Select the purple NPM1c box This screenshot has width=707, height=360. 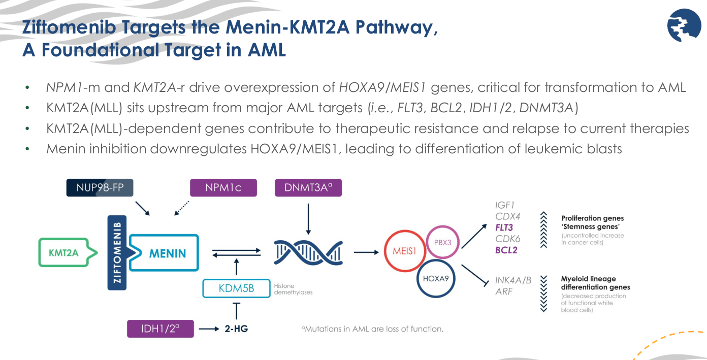pyautogui.click(x=223, y=187)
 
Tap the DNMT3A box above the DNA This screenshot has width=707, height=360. pyautogui.click(x=308, y=187)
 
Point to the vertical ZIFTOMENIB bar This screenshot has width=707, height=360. pyautogui.click(x=117, y=252)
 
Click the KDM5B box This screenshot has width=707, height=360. pyautogui.click(x=236, y=289)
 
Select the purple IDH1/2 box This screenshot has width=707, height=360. pyautogui.click(x=160, y=329)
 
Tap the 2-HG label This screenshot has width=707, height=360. pyautogui.click(x=236, y=329)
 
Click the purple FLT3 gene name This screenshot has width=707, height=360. pyautogui.click(x=504, y=227)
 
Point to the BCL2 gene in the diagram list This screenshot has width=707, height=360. pyautogui.click(x=506, y=250)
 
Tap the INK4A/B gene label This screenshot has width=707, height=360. pyautogui.click(x=513, y=280)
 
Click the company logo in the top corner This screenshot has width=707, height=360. pyautogui.click(x=684, y=25)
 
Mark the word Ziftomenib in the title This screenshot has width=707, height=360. pyautogui.click(x=68, y=28)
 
